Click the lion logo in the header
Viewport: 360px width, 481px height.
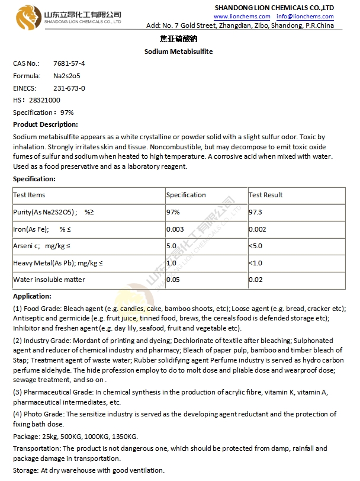click(x=28, y=16)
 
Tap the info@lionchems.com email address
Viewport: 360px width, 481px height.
click(x=305, y=17)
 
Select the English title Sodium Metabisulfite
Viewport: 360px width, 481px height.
click(x=178, y=52)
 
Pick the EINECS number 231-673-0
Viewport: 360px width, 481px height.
click(x=69, y=88)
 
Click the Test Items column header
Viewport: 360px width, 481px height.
click(x=29, y=195)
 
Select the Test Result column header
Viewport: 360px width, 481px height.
click(x=266, y=195)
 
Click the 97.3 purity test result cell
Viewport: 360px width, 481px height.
click(x=256, y=212)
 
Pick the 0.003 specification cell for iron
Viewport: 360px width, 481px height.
click(x=175, y=229)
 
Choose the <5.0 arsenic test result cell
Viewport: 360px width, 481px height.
click(x=256, y=246)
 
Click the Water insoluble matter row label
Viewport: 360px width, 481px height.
click(x=49, y=280)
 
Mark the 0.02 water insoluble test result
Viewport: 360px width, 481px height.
click(x=256, y=280)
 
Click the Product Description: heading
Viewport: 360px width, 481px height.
click(x=46, y=124)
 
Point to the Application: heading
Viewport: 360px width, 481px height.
click(x=32, y=296)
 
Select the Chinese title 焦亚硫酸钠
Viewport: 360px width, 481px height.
click(x=178, y=39)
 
